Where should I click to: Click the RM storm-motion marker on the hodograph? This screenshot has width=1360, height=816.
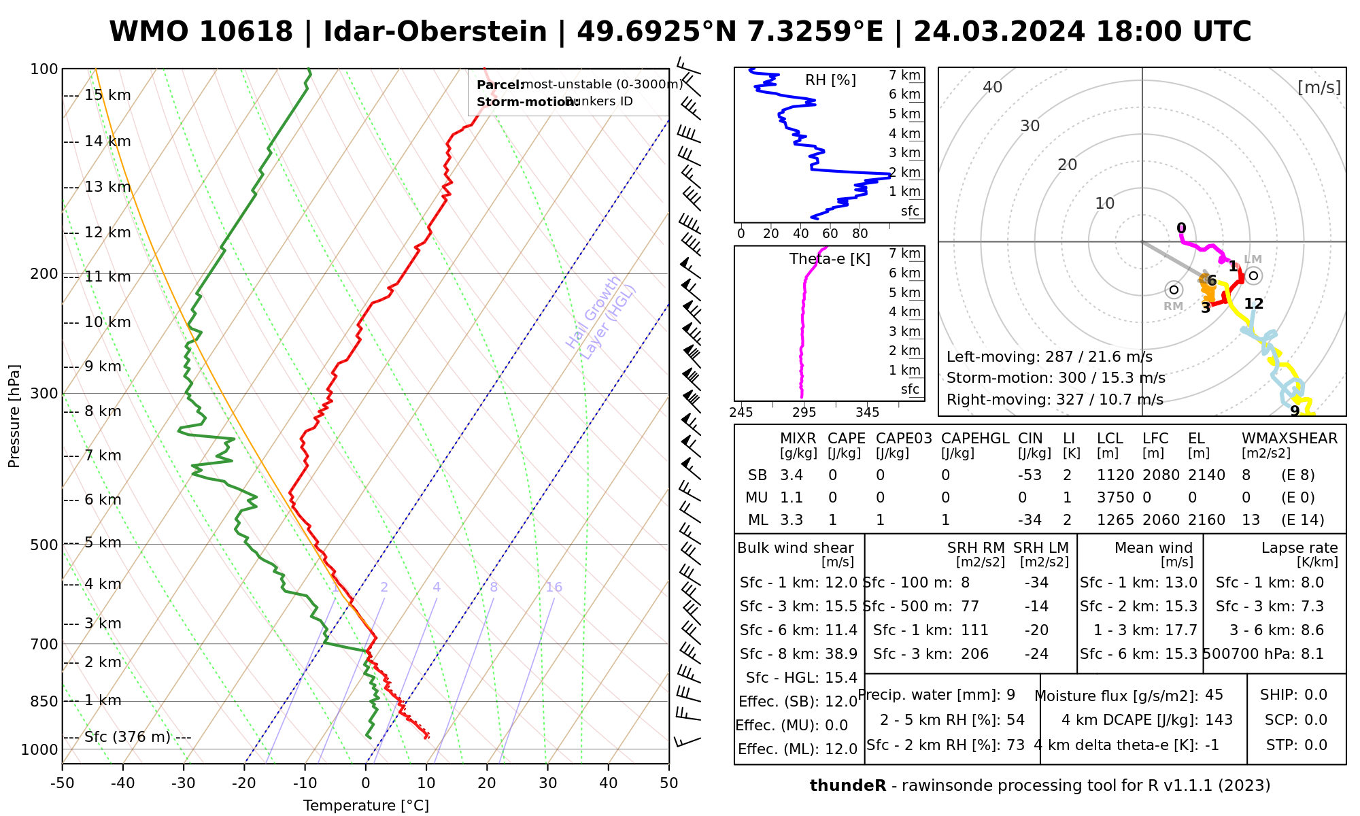coord(1174,290)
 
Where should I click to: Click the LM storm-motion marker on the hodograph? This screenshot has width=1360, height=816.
coord(1253,275)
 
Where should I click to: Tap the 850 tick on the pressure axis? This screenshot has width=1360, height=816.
coord(45,701)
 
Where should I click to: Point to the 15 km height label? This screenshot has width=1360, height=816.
coord(107,95)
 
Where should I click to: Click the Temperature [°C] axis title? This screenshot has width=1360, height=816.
coord(366,806)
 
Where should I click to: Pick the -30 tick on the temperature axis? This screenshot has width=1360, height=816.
coord(184,783)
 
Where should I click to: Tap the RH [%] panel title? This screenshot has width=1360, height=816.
coord(830,80)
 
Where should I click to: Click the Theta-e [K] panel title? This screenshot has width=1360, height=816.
coord(830,259)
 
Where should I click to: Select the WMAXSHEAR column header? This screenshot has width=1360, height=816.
coord(1289,439)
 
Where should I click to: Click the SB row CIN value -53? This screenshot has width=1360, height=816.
coord(1030,475)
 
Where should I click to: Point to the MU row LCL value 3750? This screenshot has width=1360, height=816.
coord(1115,498)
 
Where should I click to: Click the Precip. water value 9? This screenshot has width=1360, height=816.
coord(1010,695)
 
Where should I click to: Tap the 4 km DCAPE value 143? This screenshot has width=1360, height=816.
coord(1219,720)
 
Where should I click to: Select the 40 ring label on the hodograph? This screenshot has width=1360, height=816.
coord(993,87)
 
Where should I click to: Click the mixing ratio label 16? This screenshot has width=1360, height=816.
coord(554,588)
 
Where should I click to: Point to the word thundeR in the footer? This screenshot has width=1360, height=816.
coord(847,786)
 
